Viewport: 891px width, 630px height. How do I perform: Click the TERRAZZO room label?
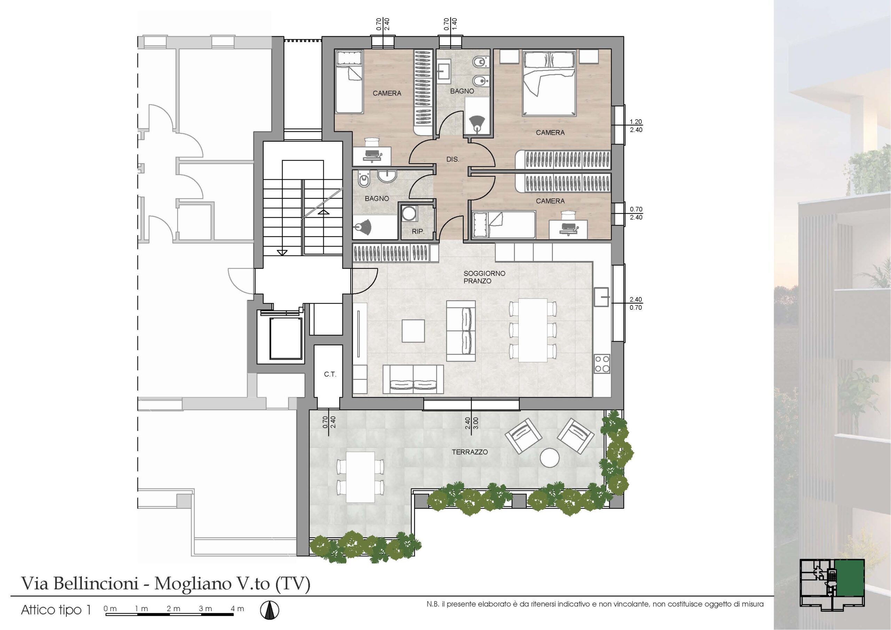pos(470,452)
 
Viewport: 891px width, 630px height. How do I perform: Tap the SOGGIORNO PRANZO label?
pos(484,277)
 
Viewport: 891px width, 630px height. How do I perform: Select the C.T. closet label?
pos(330,374)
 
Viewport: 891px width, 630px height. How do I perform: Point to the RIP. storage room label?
pos(418,231)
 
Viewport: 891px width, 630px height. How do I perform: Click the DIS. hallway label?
pos(452,159)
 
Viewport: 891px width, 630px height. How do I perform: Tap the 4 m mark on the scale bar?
pos(237,608)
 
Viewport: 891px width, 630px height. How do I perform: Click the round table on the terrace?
pos(550,458)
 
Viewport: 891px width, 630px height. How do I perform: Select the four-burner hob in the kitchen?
pos(602,364)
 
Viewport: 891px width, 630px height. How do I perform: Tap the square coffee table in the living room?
pos(413,330)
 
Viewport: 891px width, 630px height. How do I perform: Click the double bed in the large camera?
pos(549,83)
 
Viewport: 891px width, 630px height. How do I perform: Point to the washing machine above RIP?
pos(408,213)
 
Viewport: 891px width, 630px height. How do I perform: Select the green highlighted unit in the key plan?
pos(850,583)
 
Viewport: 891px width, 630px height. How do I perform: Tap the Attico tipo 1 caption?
pos(56,610)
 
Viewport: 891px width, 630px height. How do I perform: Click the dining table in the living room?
pos(533,330)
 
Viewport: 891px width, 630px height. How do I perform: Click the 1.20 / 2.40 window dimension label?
pos(636,126)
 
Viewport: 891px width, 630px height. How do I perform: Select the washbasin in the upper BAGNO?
pos(443,71)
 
